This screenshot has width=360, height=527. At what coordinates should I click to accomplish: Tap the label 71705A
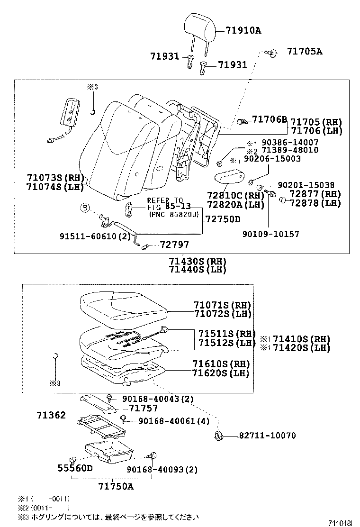click(304, 52)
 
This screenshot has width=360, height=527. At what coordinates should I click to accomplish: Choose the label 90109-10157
click(270, 234)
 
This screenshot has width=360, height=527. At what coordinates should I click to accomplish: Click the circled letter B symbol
click(84, 208)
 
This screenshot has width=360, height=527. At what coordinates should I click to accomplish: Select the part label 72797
click(174, 245)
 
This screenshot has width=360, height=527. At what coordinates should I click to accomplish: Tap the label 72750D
click(223, 219)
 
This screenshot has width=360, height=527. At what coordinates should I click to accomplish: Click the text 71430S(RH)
click(197, 261)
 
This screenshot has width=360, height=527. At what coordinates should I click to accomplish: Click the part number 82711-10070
click(261, 435)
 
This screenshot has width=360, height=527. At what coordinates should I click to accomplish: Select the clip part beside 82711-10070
click(218, 436)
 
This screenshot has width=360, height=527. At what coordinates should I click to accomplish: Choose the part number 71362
click(51, 416)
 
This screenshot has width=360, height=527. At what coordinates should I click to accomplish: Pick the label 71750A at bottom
click(116, 486)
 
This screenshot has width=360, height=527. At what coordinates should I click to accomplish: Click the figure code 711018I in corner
click(341, 522)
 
